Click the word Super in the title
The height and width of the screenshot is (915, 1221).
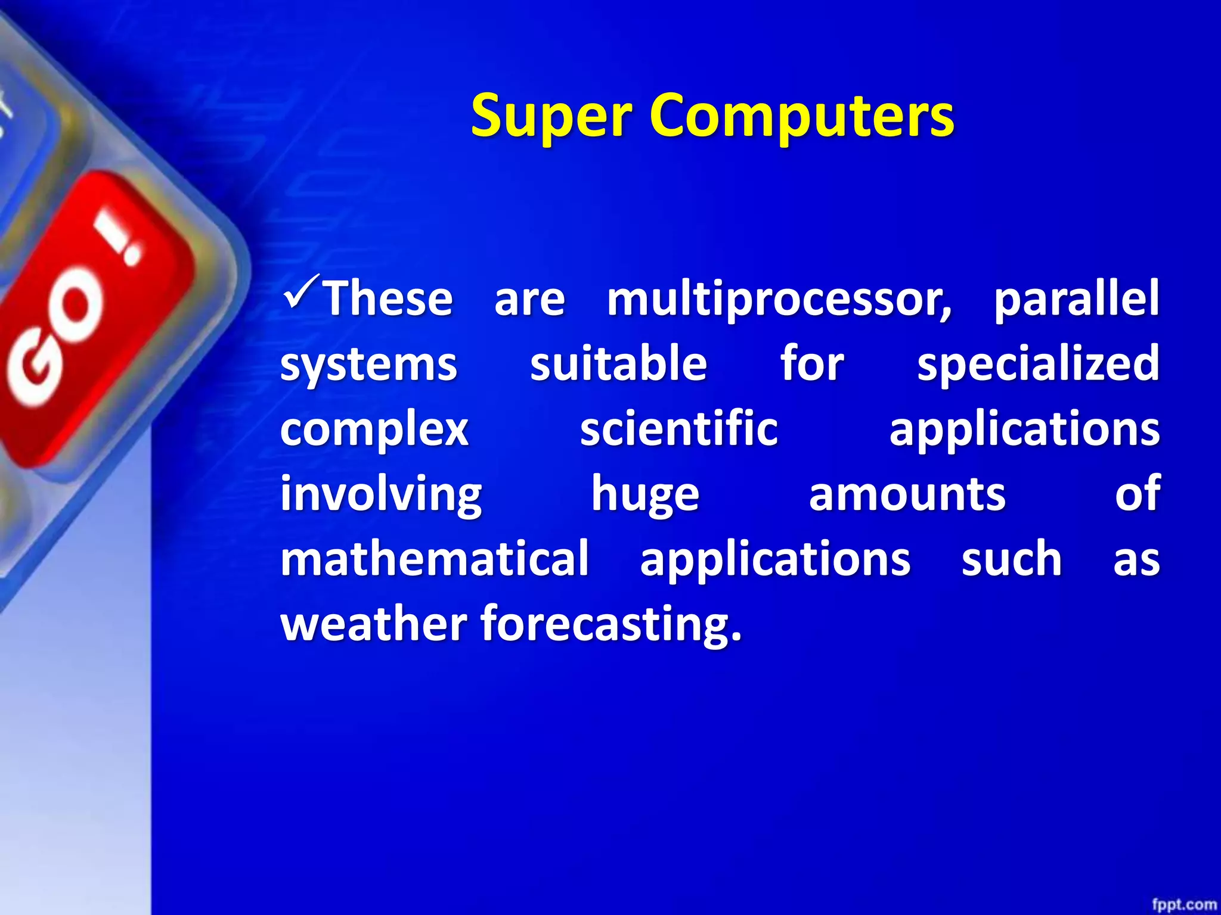pyautogui.click(x=550, y=116)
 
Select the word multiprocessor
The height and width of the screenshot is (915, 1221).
pyautogui.click(x=779, y=300)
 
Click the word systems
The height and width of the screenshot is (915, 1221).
pyautogui.click(x=368, y=365)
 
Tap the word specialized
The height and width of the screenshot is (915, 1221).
pyautogui.click(x=1038, y=365)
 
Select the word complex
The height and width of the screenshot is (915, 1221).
pyautogui.click(x=374, y=430)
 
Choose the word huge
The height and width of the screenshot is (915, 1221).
pyautogui.click(x=645, y=495)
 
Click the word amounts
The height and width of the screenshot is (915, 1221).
pyautogui.click(x=907, y=494)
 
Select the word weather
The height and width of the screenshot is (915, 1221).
pyautogui.click(x=374, y=623)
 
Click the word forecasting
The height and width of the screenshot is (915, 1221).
pyautogui.click(x=611, y=624)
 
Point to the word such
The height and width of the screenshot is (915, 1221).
pyautogui.click(x=1011, y=559)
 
